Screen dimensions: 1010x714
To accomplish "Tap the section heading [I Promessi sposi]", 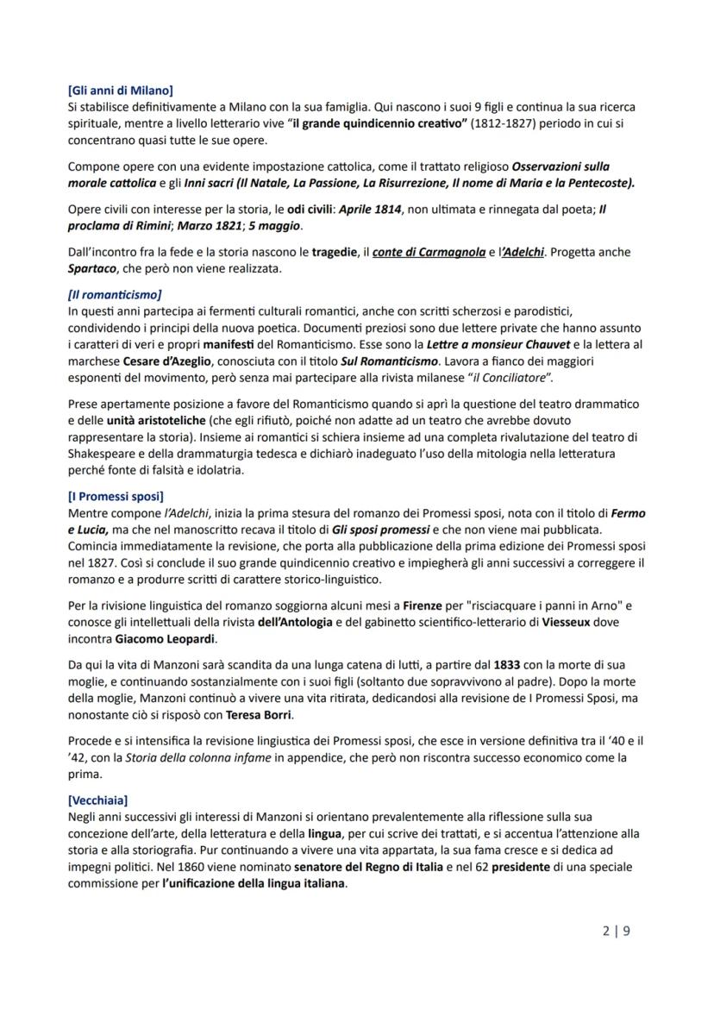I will tap(115, 496).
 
